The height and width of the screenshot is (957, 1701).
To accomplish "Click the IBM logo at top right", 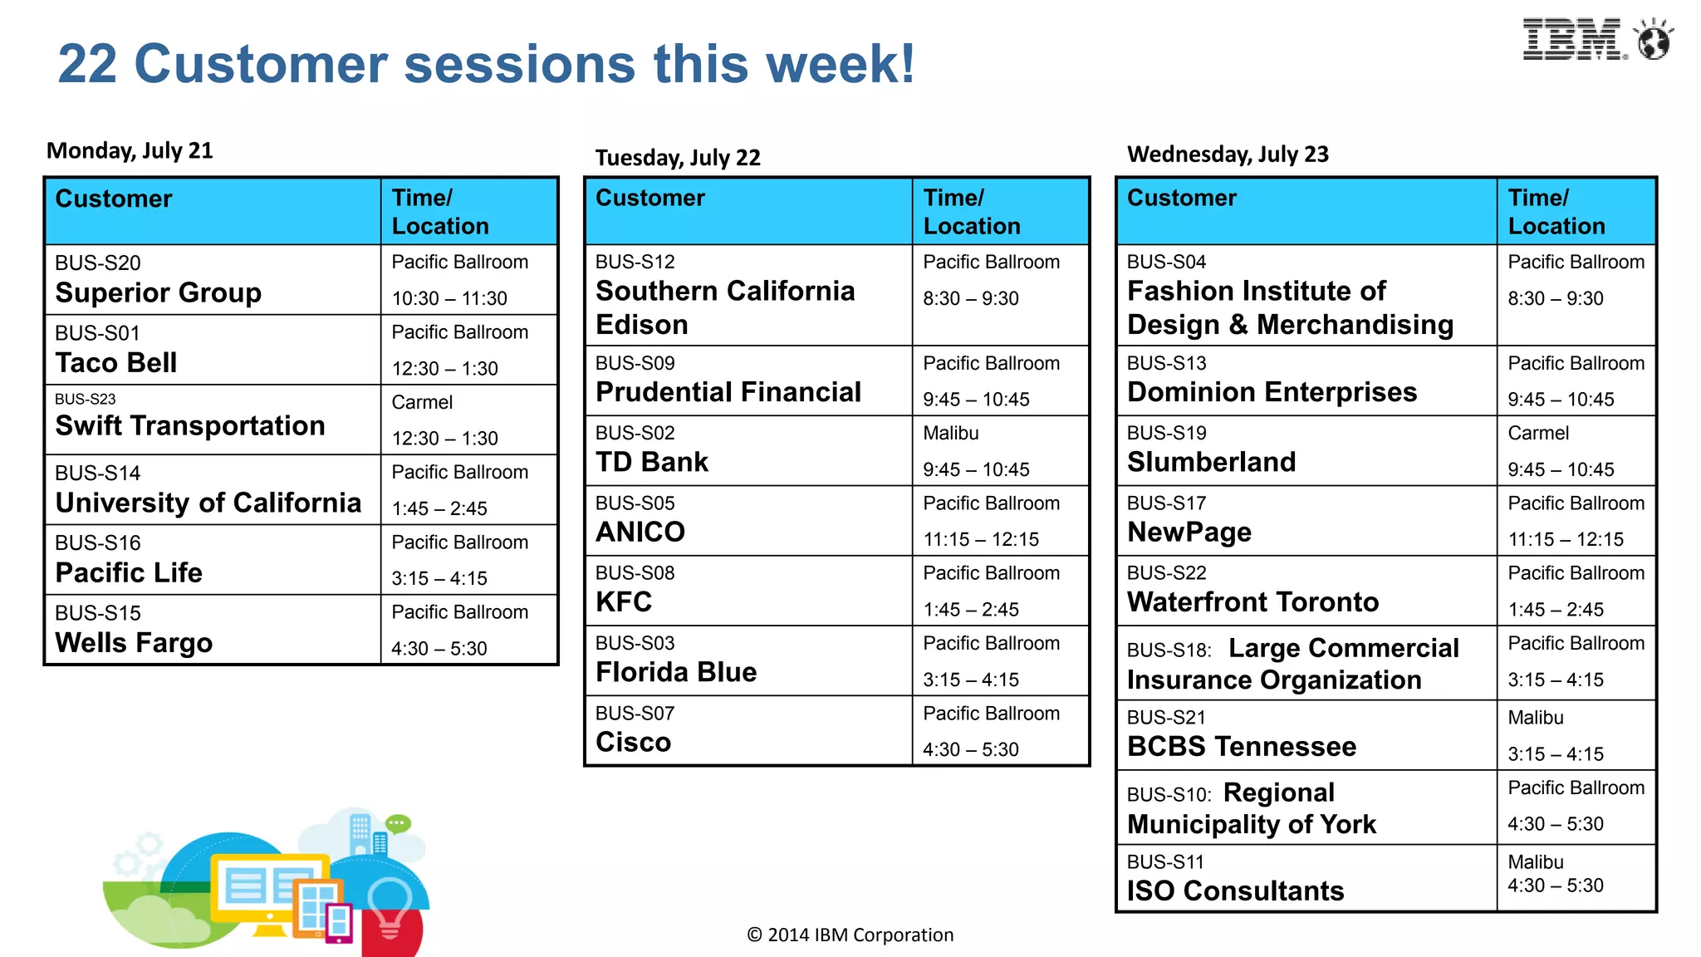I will (x=1572, y=39).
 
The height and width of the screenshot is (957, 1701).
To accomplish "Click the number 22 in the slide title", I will (x=87, y=64).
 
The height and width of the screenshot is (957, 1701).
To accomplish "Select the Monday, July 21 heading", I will (x=130, y=150).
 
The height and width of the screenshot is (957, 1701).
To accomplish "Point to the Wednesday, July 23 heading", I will (x=1228, y=155).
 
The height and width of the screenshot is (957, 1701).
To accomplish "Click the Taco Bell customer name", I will (x=116, y=363).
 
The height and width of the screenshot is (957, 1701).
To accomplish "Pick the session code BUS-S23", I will (x=86, y=399).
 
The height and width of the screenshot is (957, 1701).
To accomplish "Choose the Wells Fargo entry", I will (x=134, y=643).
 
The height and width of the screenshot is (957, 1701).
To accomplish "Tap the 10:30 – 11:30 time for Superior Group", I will (x=449, y=298).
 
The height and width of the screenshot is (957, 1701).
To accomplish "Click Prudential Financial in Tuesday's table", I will (x=728, y=392).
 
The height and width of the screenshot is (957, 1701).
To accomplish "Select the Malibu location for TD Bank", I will (x=951, y=433).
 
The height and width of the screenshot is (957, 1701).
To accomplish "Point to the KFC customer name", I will (x=624, y=601).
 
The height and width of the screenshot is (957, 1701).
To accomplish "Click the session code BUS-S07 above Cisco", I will (x=635, y=713).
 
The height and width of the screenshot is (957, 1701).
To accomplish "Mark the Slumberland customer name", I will (x=1211, y=462).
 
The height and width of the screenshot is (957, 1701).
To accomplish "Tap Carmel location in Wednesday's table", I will (x=1538, y=433).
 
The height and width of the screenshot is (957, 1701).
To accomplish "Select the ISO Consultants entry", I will (x=1235, y=891).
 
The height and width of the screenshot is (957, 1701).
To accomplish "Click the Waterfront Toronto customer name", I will (x=1252, y=601).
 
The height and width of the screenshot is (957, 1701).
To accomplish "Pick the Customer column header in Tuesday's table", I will (x=650, y=198).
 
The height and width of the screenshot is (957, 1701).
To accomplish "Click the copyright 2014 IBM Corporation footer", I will (x=850, y=935).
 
